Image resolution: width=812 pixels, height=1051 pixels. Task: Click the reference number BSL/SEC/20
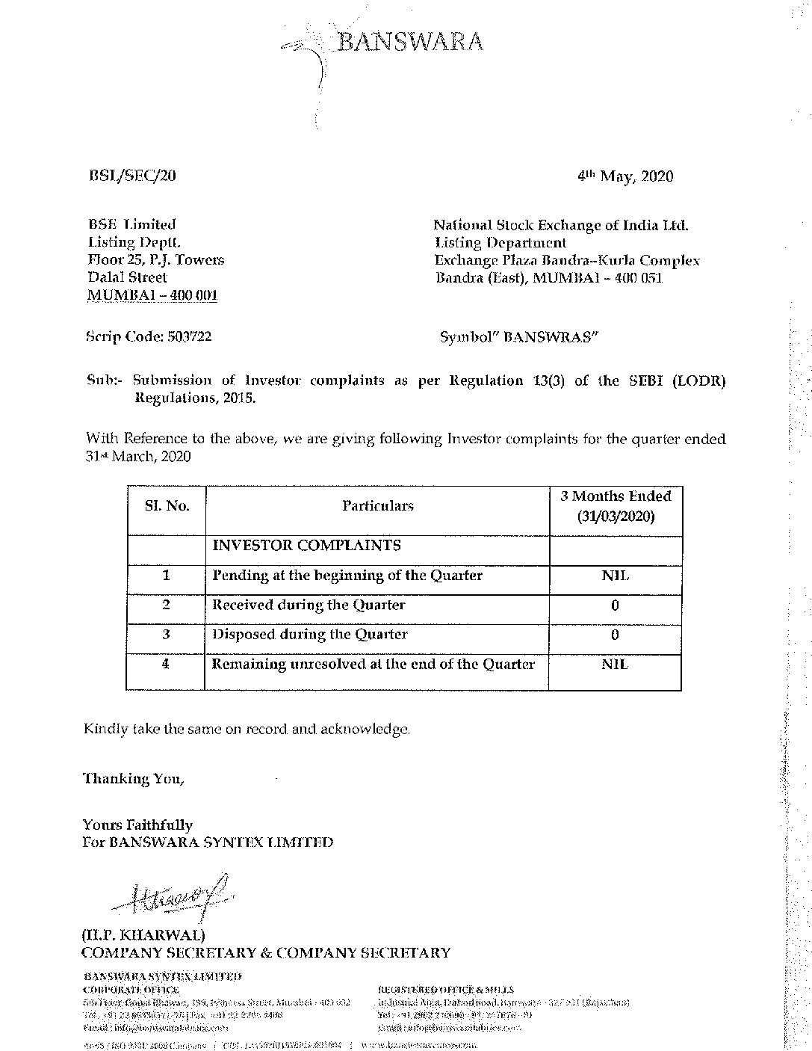131,176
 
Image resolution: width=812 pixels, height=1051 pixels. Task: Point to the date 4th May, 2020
625,176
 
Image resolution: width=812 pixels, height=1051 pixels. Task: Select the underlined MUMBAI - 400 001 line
152,295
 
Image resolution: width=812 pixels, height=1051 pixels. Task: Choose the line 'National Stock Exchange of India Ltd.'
561,224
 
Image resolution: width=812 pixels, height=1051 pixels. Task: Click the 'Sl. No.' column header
167,506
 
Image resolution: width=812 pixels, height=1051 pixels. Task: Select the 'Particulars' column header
377,506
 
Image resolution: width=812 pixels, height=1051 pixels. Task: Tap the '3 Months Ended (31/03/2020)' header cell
616,506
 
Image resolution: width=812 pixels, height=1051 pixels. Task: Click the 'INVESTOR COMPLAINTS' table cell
306,546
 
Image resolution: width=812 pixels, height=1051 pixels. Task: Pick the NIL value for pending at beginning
615,576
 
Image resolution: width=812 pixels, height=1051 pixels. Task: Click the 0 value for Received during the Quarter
615,605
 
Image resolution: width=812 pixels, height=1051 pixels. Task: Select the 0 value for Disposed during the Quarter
615,635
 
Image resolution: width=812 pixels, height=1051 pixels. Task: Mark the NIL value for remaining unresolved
615,665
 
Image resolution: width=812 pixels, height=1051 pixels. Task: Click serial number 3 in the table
166,635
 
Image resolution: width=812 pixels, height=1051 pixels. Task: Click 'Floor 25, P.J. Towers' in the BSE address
156,260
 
